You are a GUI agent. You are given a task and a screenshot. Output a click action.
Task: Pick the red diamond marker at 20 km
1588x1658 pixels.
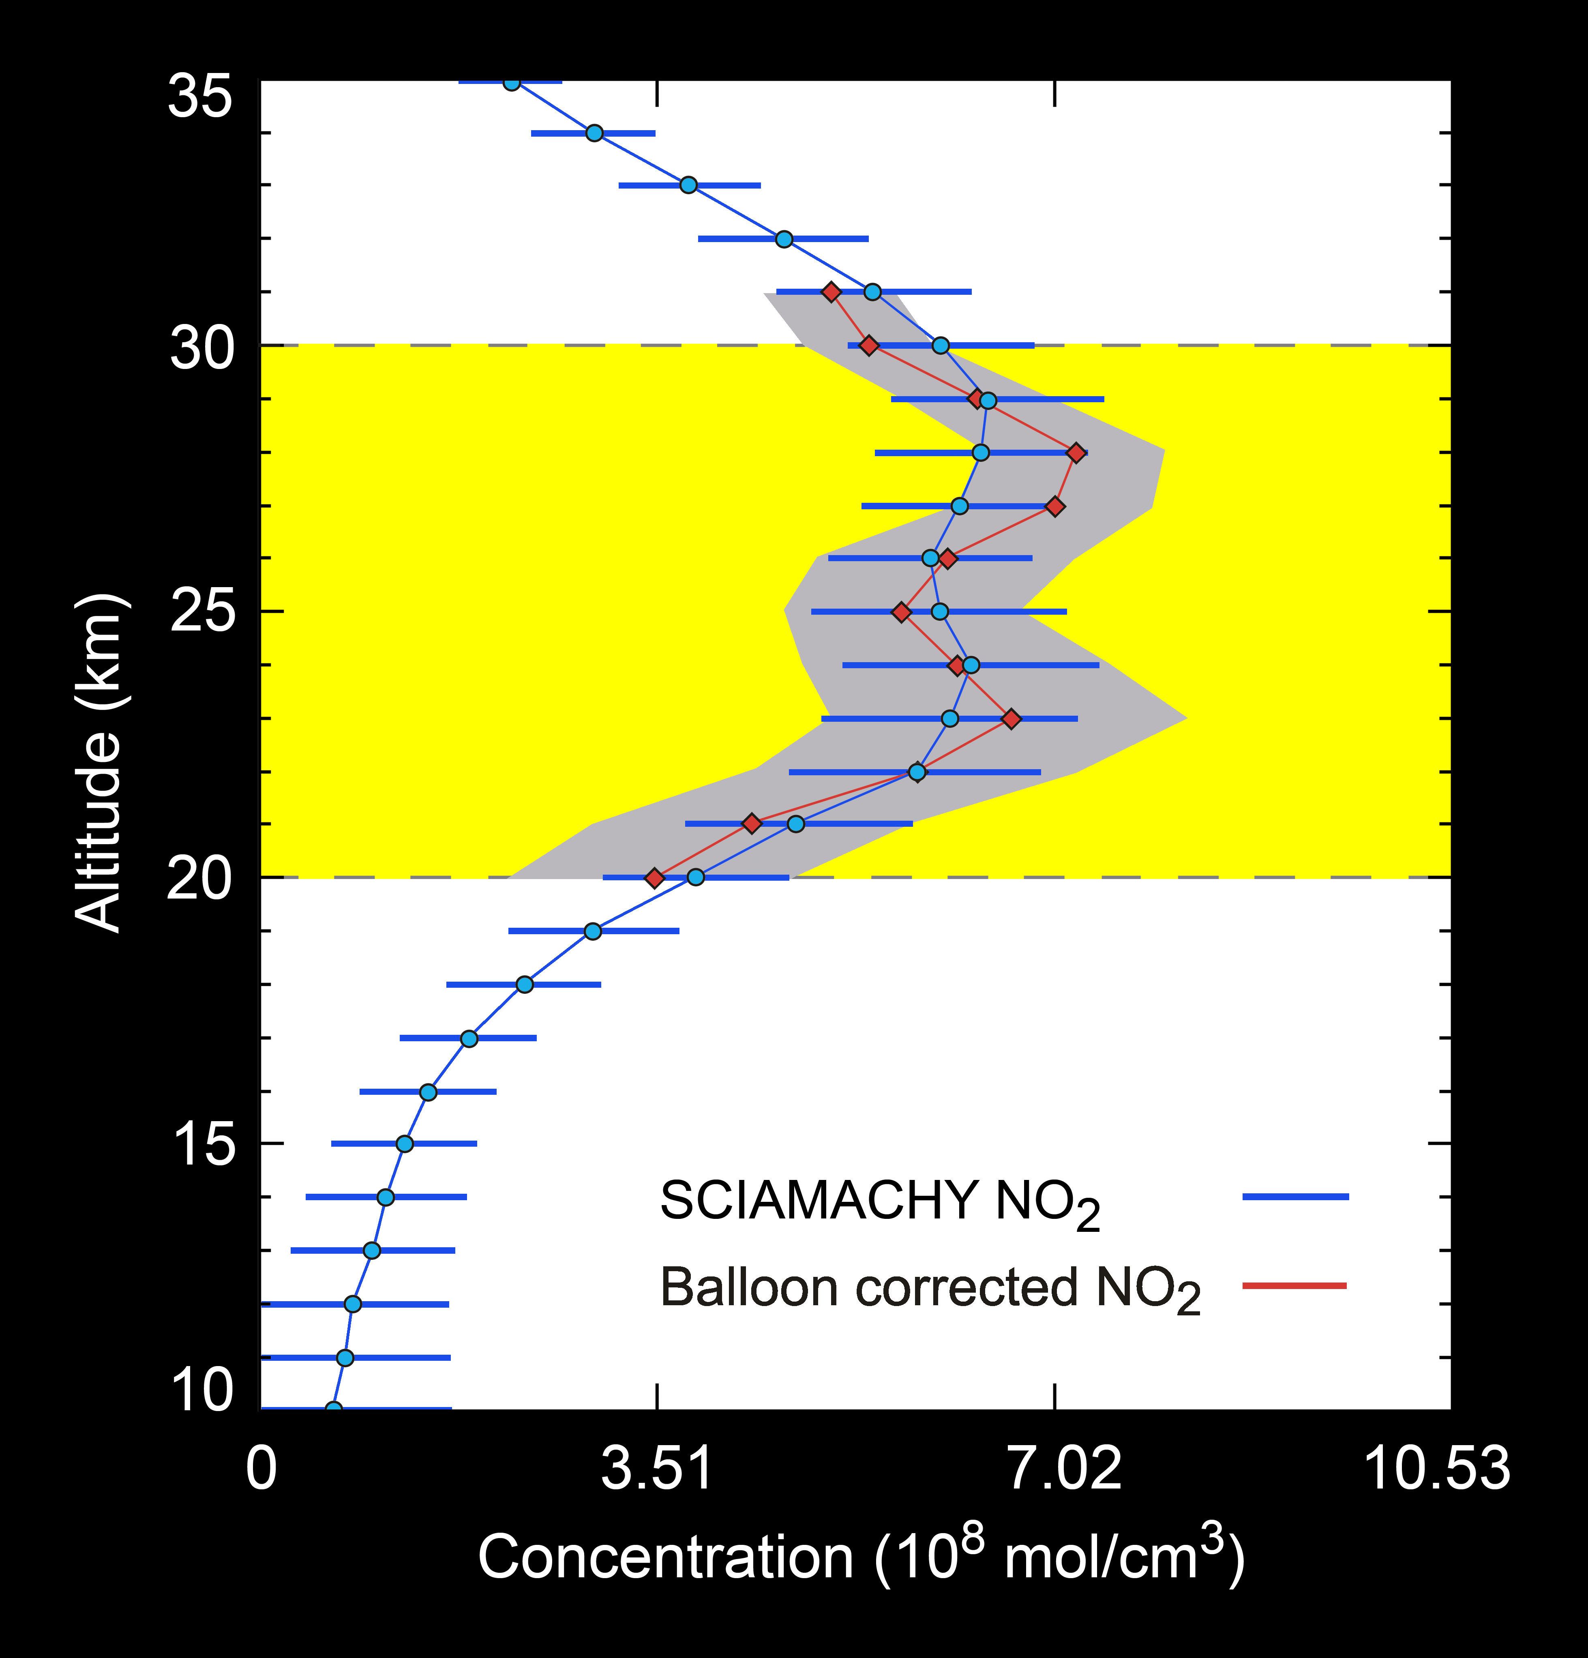point(654,878)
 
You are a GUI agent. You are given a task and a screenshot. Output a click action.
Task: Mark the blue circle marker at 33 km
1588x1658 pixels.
point(688,184)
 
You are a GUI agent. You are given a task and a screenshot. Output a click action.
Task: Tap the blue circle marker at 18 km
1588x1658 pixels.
point(524,984)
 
